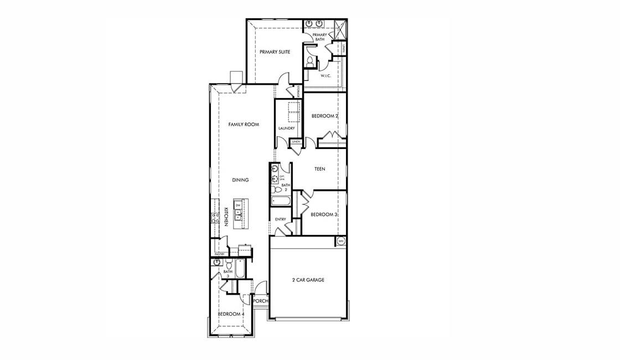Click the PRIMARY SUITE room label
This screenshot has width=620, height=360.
[x=275, y=52]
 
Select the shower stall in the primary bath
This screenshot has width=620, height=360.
[x=338, y=28]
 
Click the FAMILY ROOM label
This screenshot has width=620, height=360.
[x=244, y=125]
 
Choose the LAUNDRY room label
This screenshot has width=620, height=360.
[x=286, y=128]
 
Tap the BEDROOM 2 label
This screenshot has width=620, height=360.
[x=324, y=116]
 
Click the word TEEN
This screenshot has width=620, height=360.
[x=319, y=169]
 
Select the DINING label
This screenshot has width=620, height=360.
[x=240, y=180]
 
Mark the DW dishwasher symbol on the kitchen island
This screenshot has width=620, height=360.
[x=238, y=205]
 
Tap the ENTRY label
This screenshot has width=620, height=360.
[x=281, y=219]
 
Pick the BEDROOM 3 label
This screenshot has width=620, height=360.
[x=324, y=215]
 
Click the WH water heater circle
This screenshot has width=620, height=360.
[x=341, y=241]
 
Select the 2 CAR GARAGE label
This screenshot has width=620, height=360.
[x=308, y=280]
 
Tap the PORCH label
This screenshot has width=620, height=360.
[x=261, y=301]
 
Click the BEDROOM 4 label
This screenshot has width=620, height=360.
[x=231, y=314]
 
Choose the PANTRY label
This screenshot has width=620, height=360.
[x=219, y=254]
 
